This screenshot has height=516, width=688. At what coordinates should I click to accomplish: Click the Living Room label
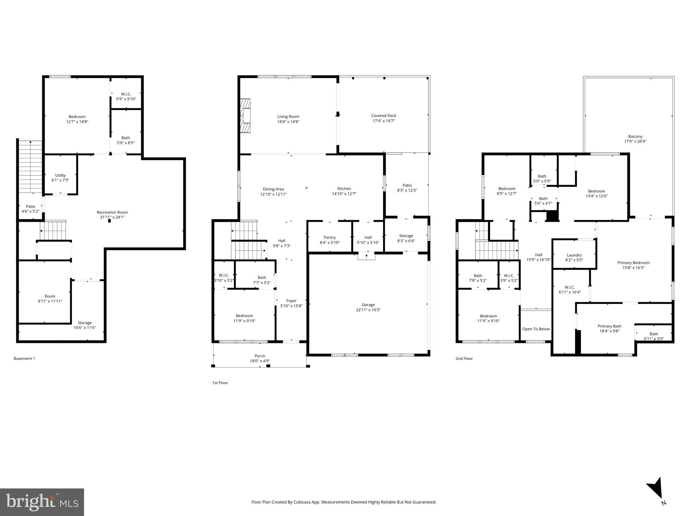(x=288, y=117)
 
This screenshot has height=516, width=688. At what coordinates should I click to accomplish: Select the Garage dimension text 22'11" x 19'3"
(x=368, y=310)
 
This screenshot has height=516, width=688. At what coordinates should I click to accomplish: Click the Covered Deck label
(x=383, y=116)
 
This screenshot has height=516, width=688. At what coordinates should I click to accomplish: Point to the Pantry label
(x=329, y=238)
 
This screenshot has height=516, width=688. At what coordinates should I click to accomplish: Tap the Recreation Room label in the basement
(x=112, y=212)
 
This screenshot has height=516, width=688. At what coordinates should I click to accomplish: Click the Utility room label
(x=60, y=175)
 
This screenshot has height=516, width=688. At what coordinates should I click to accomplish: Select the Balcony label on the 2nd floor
(x=635, y=136)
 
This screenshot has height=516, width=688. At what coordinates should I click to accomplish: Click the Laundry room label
(x=574, y=255)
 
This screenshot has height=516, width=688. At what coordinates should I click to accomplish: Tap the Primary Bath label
(x=609, y=326)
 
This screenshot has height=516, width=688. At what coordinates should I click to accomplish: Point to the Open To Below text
(x=536, y=329)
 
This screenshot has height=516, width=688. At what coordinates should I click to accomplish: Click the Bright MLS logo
(x=42, y=502)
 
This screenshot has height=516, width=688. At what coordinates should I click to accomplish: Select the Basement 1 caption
(x=24, y=358)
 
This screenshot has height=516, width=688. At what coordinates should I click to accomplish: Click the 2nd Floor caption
(x=464, y=358)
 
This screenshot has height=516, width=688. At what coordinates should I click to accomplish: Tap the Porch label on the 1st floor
(x=259, y=356)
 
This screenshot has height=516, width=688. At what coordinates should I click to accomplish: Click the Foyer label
(x=291, y=301)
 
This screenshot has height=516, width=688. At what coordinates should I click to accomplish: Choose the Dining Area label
(x=273, y=189)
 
